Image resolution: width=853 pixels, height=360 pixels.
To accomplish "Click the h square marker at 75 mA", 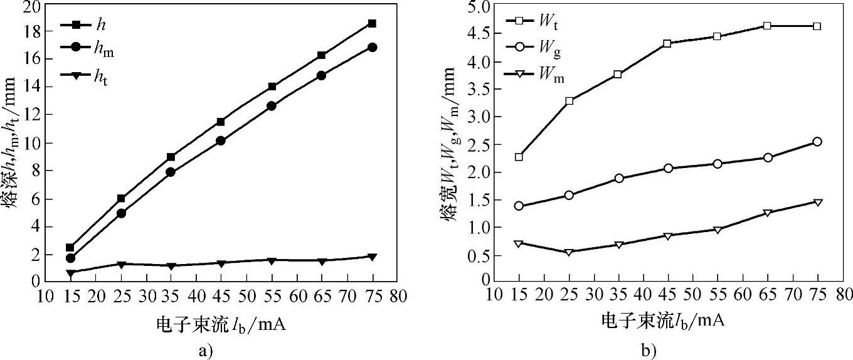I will [x=372, y=24].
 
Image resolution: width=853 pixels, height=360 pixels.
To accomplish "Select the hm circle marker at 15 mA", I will [x=70, y=258].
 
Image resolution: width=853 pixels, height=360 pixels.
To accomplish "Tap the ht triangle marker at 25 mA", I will [x=120, y=265].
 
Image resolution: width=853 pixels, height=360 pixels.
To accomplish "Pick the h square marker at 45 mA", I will [x=221, y=122].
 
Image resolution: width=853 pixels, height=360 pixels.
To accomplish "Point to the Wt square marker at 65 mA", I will [x=767, y=26].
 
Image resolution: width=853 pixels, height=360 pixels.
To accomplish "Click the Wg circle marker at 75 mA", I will [x=817, y=142].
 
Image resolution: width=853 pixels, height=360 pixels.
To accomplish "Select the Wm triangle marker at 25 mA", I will [x=569, y=252].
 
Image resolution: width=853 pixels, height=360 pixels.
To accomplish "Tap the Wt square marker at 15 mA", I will [x=519, y=157].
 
